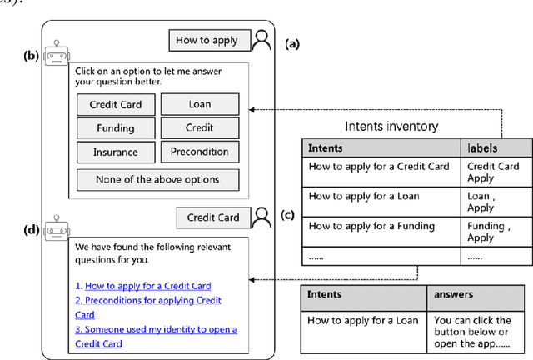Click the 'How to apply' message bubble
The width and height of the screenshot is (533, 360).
207,40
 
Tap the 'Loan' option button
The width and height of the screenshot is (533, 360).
199,105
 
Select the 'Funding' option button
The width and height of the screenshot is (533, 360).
115,129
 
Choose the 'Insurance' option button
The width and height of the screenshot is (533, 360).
115,152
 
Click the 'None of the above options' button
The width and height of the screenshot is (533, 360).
157,179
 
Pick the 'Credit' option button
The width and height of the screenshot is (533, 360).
199,128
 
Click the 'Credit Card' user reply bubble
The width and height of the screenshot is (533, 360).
212,217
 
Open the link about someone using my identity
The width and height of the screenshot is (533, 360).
156,336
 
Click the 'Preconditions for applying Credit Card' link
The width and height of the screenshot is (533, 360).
148,307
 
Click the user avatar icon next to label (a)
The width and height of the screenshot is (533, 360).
262,39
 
